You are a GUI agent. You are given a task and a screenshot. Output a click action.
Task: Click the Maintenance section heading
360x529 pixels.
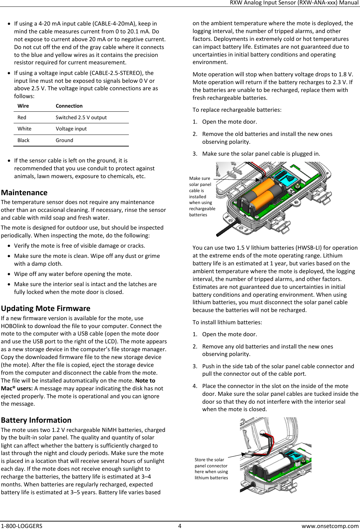24,192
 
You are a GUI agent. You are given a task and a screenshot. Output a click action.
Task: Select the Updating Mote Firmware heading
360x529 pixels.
46,308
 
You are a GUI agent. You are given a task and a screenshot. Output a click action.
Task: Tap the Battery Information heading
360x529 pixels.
36,420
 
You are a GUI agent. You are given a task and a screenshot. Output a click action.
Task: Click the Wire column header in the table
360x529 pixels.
23,106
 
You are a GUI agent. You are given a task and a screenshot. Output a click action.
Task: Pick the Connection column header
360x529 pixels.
69,106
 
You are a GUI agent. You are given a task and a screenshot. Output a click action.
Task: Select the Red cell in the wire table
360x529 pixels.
22,118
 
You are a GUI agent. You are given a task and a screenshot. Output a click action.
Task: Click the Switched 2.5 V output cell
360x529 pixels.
81,118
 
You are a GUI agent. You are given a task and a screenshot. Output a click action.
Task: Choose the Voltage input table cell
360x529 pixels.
71,129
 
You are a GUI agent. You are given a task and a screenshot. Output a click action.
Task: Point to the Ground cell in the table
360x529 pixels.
64,140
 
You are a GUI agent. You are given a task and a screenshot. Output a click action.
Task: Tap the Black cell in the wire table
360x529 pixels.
23,140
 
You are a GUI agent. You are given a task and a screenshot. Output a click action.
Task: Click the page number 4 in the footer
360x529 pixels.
180,526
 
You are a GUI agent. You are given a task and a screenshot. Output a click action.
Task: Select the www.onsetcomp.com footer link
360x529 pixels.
330,526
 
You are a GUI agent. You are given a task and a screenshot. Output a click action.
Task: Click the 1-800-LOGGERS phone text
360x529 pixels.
21,526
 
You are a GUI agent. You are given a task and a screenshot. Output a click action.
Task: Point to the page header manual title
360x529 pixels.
294,3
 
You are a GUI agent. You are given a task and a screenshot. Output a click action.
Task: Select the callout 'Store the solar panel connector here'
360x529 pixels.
211,469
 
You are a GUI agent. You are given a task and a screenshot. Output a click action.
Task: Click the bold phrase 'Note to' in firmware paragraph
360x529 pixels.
145,380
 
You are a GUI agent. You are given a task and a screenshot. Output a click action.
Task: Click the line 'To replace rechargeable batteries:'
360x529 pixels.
237,110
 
